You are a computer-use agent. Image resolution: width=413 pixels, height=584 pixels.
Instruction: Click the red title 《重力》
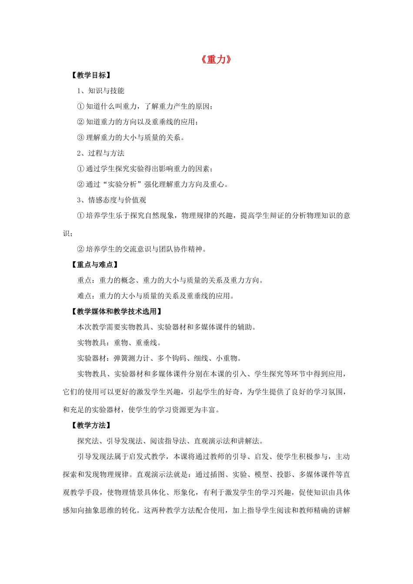click(216, 60)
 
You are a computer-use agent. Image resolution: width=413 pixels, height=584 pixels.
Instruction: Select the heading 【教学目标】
click(91, 75)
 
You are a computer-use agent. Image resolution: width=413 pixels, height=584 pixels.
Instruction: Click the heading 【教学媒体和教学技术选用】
click(117, 312)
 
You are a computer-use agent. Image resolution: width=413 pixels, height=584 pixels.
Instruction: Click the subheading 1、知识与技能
click(101, 91)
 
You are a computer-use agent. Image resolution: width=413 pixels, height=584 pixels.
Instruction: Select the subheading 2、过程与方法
click(101, 153)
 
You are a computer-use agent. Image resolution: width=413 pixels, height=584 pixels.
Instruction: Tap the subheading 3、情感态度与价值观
click(112, 200)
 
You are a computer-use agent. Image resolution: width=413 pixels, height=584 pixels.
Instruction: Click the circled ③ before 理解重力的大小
click(80, 138)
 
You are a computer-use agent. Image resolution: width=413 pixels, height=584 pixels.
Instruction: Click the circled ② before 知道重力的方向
click(80, 122)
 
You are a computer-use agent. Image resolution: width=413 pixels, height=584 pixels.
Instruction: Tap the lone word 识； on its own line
click(68, 234)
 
